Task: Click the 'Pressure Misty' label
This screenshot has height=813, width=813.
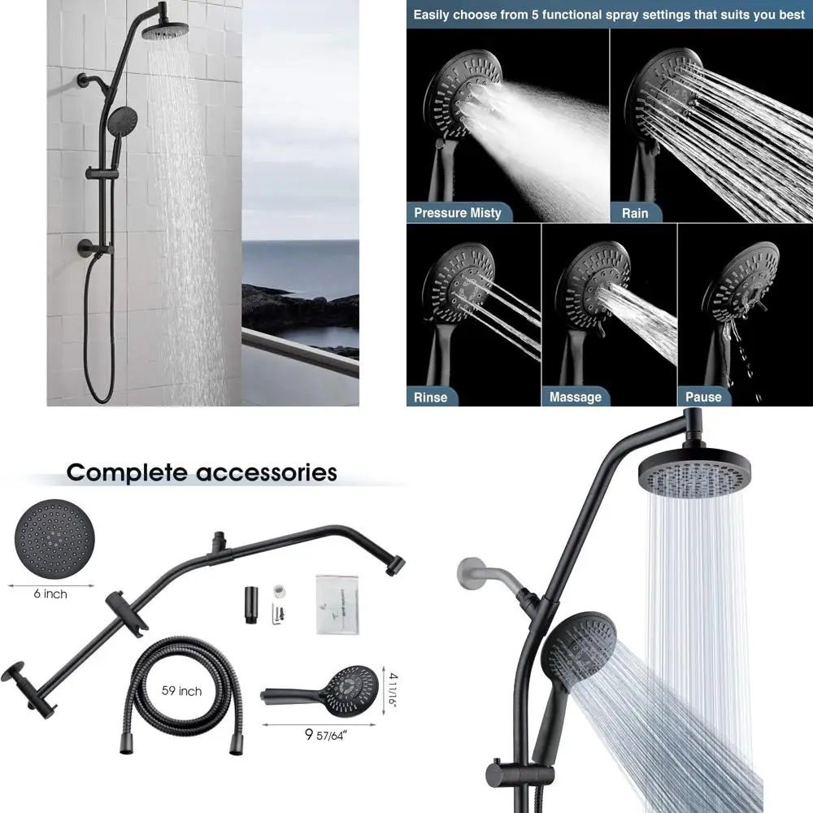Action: [457, 213]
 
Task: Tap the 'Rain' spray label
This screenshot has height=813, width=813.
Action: [635, 213]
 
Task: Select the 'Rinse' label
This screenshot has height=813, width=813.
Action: [430, 397]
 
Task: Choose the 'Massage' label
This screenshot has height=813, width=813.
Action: [575, 397]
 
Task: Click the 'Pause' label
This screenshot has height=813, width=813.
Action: [703, 397]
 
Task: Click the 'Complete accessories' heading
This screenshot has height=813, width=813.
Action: [201, 472]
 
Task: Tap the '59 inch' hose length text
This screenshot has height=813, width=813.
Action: [181, 691]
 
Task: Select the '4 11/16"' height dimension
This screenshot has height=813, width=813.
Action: [391, 689]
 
